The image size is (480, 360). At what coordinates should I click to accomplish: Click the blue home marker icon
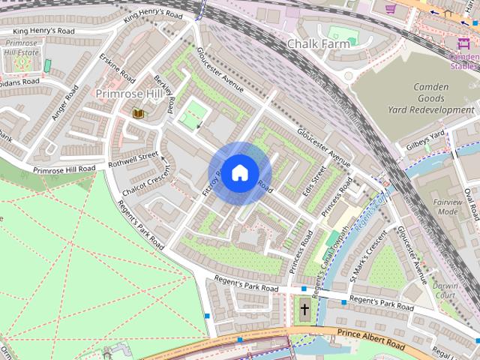coord(238,173)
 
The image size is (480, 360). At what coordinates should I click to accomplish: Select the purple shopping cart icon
coord(390,8)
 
